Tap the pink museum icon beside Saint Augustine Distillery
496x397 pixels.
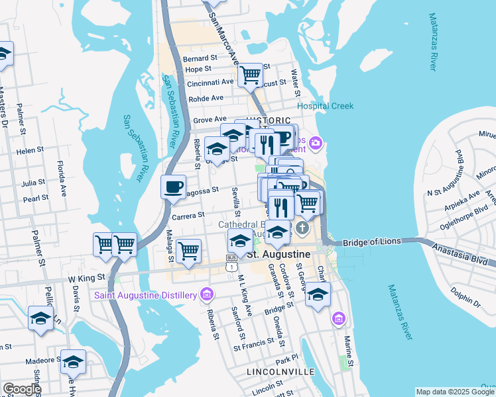pos(206,294)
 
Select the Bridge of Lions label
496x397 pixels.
pos(373,242)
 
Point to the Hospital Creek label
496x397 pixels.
pos(325,106)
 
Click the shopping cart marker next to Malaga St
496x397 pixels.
pos(189,251)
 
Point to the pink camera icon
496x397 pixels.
pos(316,142)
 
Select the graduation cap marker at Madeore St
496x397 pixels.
pos(73,361)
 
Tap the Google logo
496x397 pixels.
pos(21,389)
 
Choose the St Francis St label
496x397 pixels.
pos(253,343)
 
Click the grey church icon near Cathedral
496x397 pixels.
pos(302,229)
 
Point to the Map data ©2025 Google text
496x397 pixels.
pos(454,391)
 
